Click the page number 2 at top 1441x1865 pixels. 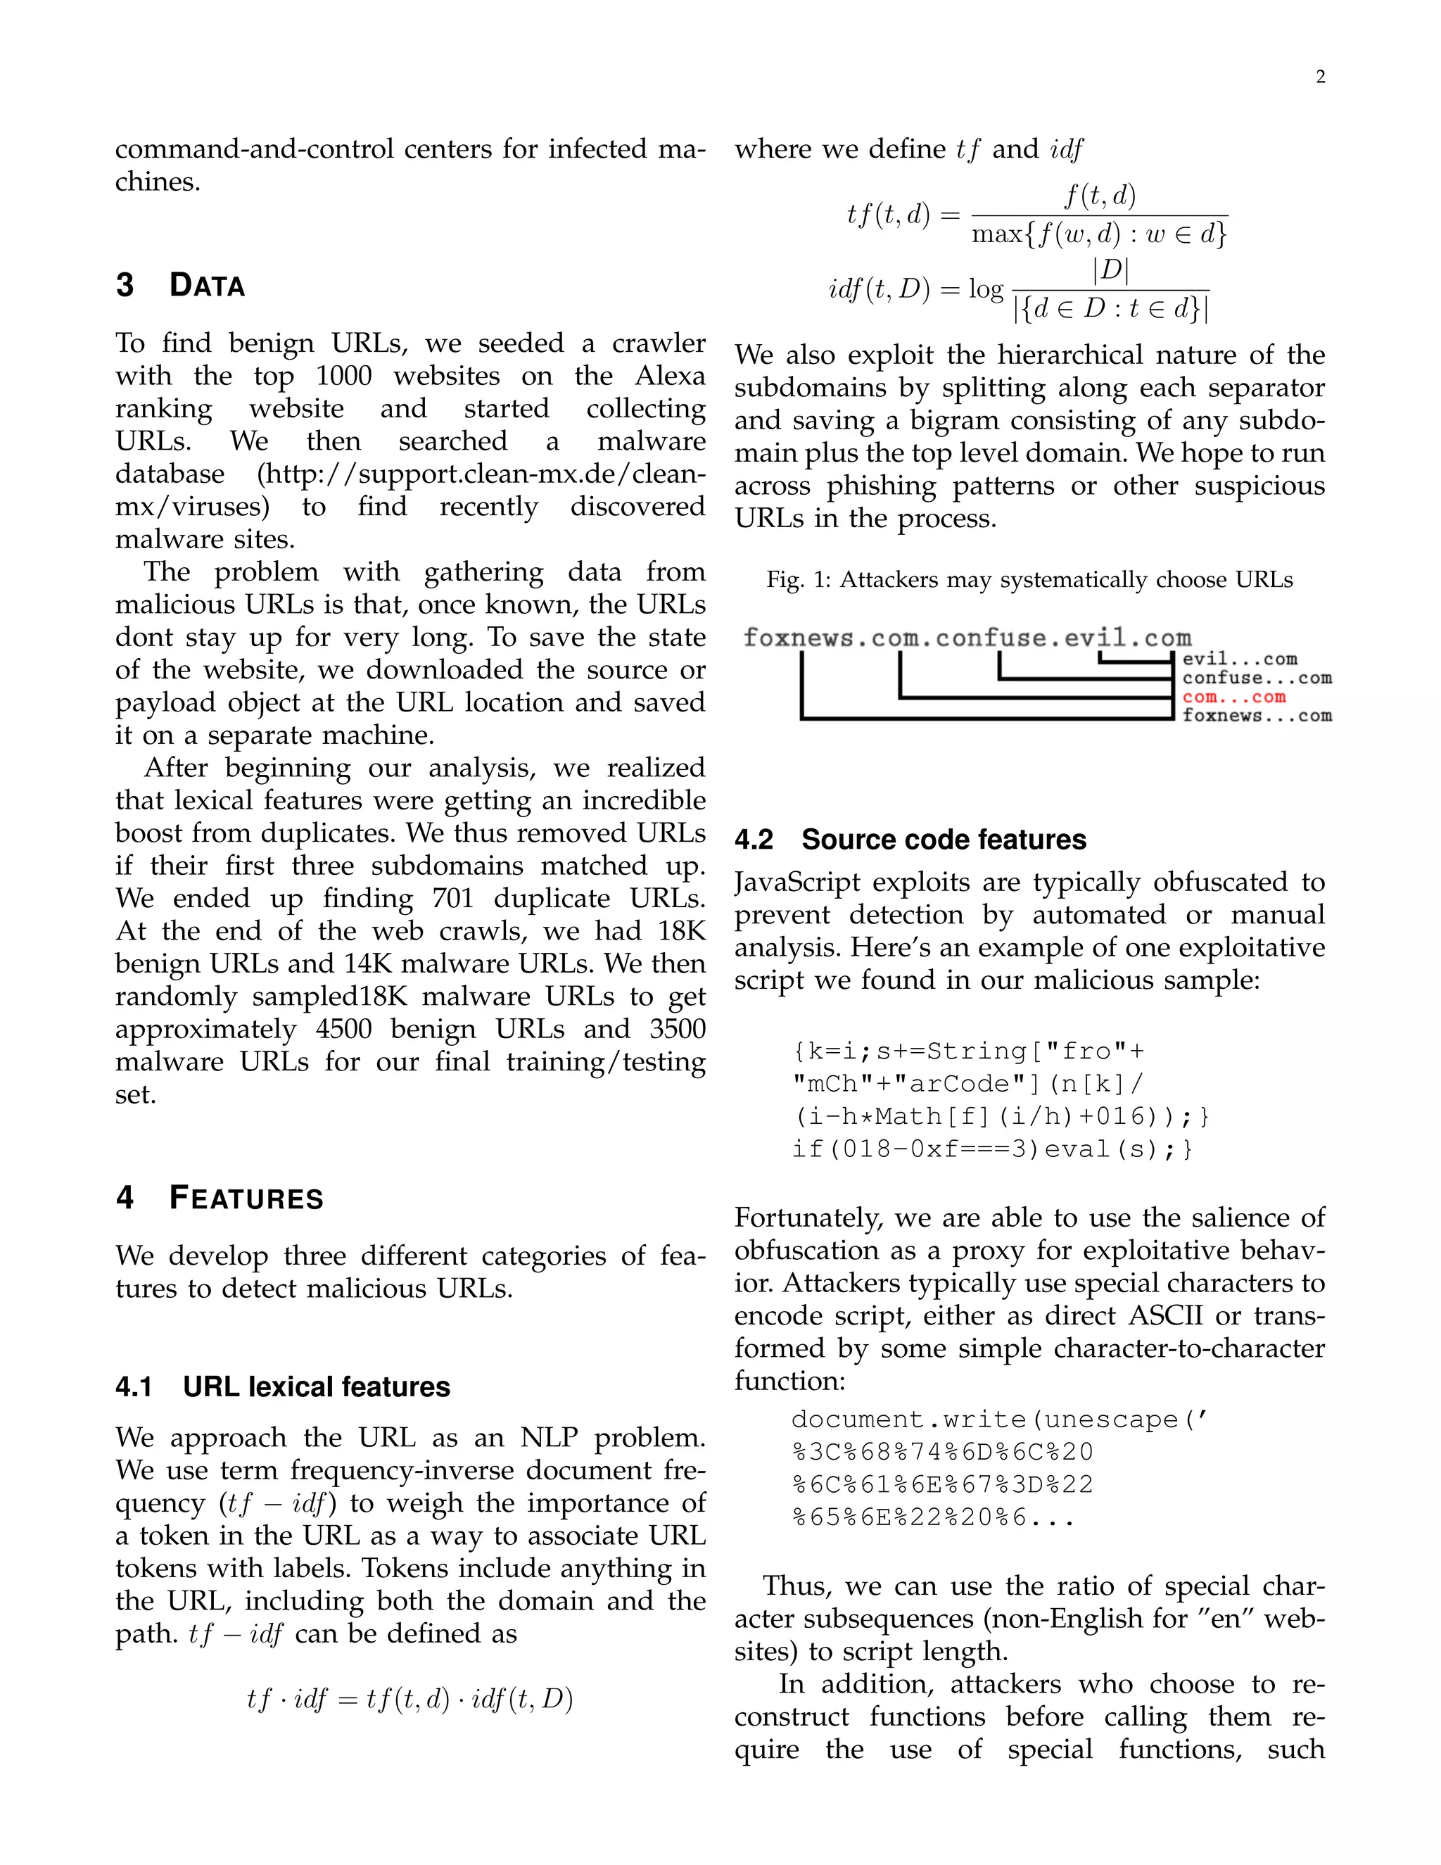point(1320,77)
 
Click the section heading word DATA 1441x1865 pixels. point(207,285)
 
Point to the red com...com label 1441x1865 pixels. point(1233,697)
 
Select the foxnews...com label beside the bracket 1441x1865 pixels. point(1257,716)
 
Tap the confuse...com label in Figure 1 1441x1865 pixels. point(1257,678)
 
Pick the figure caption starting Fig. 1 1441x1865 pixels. point(1029,580)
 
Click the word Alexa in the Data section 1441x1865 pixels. point(670,376)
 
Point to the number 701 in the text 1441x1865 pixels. point(453,898)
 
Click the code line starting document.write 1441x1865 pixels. point(999,1420)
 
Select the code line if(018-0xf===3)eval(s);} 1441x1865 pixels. point(991,1149)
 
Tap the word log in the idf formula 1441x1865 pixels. point(986,289)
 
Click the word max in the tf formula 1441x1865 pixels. point(990,234)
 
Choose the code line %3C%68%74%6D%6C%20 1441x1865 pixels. point(941,1452)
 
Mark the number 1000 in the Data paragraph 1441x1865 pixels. point(343,376)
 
